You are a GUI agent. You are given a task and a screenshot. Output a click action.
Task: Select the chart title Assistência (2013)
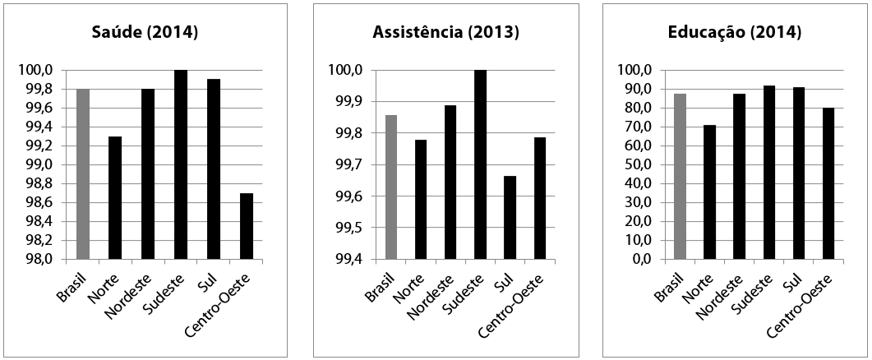(x=445, y=33)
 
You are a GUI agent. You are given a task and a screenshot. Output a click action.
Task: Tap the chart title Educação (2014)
(x=734, y=33)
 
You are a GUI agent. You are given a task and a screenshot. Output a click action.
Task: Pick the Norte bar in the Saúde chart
(x=115, y=197)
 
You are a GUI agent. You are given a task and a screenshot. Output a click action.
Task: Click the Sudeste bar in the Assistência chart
(x=480, y=164)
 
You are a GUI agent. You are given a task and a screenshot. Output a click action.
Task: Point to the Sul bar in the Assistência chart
(x=510, y=218)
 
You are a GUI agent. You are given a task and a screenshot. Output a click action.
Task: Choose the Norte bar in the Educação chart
(x=709, y=192)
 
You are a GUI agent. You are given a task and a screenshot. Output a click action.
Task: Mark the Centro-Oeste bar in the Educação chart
(x=828, y=183)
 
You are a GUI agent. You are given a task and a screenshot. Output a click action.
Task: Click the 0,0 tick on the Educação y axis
(x=639, y=259)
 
